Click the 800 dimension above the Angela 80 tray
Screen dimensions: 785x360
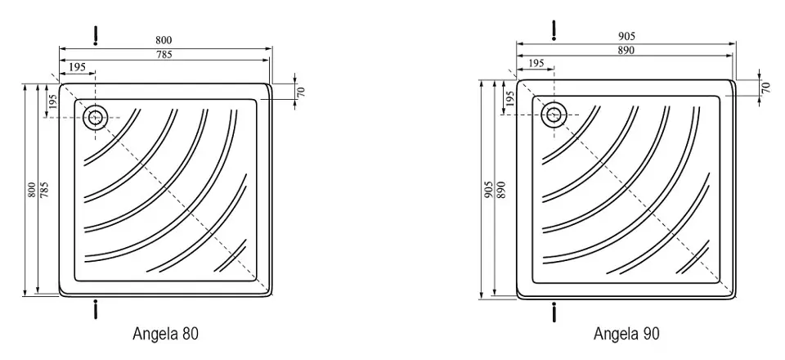[164, 41]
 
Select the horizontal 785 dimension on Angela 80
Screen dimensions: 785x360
[164, 55]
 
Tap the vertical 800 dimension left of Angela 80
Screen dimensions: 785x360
[32, 189]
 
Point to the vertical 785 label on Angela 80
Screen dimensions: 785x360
[44, 189]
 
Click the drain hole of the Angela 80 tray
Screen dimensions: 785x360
[95, 118]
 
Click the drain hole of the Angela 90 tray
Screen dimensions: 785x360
[554, 115]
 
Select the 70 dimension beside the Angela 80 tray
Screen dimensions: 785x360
[300, 92]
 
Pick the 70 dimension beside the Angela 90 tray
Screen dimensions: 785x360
[766, 87]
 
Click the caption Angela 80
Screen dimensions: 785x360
[166, 334]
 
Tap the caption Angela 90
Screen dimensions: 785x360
[627, 334]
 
